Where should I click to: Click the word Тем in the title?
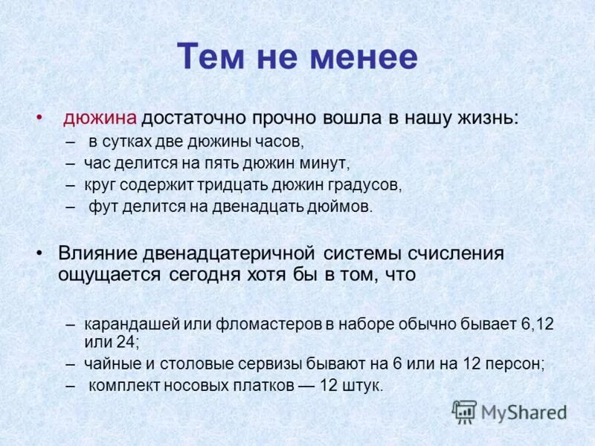[x=210, y=57]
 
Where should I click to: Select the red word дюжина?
[x=100, y=118]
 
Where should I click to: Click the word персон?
[x=514, y=364]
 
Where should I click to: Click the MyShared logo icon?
[x=464, y=411]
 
